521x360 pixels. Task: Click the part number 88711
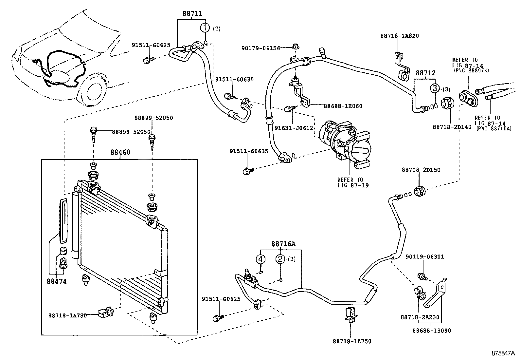point(192,13)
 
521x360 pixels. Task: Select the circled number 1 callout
point(205,28)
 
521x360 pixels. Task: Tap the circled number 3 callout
point(435,88)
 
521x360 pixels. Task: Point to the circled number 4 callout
point(260,259)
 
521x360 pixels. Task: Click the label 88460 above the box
point(120,152)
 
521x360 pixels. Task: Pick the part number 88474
point(57,281)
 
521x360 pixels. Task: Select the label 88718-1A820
point(399,36)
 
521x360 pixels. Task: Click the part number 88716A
point(283,244)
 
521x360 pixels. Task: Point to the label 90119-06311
point(425,256)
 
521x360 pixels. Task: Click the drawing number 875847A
point(503,353)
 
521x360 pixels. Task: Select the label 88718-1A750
point(352,341)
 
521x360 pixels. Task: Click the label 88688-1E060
point(343,106)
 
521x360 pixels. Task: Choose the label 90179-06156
point(261,48)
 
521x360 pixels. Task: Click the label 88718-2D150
point(421,170)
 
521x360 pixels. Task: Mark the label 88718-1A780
point(67,315)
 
